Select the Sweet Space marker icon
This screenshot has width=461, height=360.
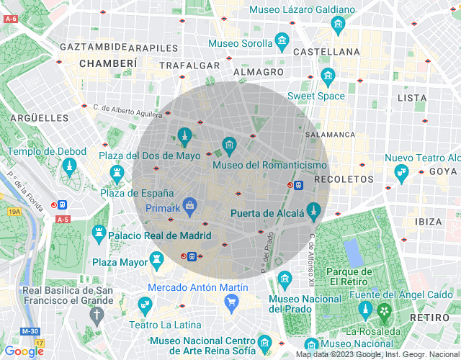point(328,76)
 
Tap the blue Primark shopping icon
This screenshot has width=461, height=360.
point(189,207)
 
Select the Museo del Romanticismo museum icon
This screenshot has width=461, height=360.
point(229,146)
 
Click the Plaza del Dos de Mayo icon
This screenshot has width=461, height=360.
point(184,135)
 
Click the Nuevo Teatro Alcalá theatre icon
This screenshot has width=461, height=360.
point(401,173)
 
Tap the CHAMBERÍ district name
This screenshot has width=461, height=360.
point(108,63)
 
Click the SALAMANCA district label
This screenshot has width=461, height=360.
point(330,135)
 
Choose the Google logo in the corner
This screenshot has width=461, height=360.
point(24,351)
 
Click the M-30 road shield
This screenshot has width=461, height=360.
point(30,330)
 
